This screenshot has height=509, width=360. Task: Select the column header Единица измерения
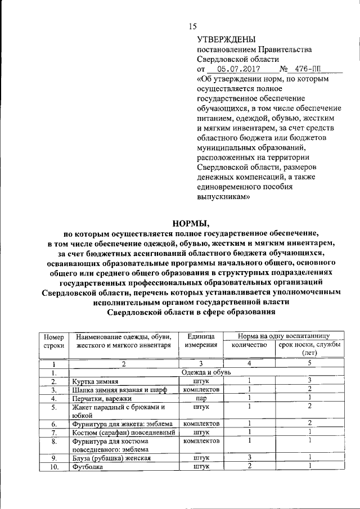click(201, 341)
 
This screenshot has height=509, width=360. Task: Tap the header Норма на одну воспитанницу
click(283, 335)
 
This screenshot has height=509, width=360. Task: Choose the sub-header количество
click(249, 345)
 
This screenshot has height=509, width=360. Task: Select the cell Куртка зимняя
click(94, 381)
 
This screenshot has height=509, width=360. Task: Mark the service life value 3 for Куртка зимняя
click(309, 381)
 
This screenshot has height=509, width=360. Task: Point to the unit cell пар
click(201, 398)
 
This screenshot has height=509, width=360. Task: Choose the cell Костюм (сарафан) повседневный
click(123, 432)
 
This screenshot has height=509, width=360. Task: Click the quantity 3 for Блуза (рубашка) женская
click(249, 458)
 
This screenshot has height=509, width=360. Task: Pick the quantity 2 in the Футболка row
click(249, 466)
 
